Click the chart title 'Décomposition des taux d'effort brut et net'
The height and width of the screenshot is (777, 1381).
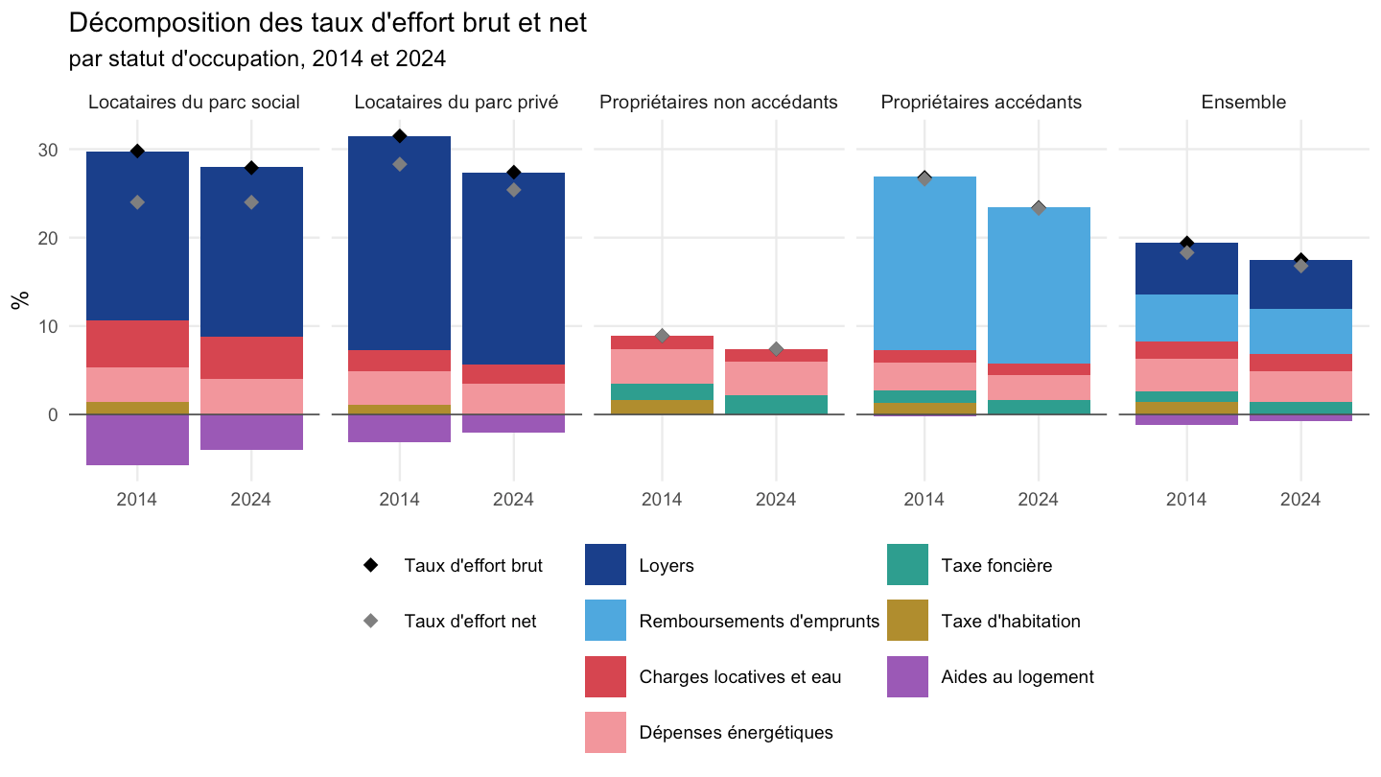pyautogui.click(x=327, y=23)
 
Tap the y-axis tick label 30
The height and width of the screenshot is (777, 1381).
pyautogui.click(x=48, y=150)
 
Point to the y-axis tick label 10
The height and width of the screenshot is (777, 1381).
pyautogui.click(x=48, y=326)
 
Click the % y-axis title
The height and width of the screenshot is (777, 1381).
pyautogui.click(x=20, y=300)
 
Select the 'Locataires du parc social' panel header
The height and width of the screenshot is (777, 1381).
pyautogui.click(x=194, y=102)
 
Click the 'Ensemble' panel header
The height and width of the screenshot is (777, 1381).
pyautogui.click(x=1244, y=102)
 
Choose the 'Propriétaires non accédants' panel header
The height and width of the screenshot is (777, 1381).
pyautogui.click(x=718, y=102)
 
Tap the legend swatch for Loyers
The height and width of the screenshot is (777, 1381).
pyautogui.click(x=605, y=564)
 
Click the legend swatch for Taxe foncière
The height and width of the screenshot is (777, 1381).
pyautogui.click(x=907, y=564)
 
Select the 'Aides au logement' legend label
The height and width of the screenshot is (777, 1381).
pyautogui.click(x=1018, y=676)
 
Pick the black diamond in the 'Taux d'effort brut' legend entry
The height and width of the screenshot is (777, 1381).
pyautogui.click(x=370, y=565)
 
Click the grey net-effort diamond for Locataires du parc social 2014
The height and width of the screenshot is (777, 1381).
pyautogui.click(x=137, y=202)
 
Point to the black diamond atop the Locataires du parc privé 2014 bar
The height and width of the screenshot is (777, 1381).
pyautogui.click(x=400, y=136)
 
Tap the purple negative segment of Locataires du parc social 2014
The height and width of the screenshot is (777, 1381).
pyautogui.click(x=137, y=439)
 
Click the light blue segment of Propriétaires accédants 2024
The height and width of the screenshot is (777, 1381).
pyautogui.click(x=1039, y=286)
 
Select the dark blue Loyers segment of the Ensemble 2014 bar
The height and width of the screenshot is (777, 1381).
pyautogui.click(x=1187, y=269)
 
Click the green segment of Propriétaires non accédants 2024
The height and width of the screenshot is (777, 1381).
pyautogui.click(x=776, y=405)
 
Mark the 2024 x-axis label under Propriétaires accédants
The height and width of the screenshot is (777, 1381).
pyautogui.click(x=1039, y=499)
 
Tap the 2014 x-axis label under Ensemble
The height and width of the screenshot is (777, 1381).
pyautogui.click(x=1186, y=499)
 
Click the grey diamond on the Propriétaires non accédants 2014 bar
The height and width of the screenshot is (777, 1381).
pyautogui.click(x=662, y=336)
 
